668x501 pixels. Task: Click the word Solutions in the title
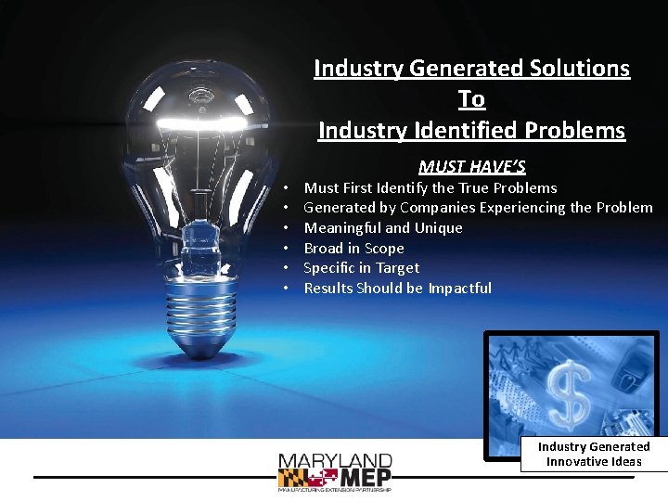[x=575, y=68]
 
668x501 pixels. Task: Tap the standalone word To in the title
[x=471, y=98]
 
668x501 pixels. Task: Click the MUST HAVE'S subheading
[x=471, y=167]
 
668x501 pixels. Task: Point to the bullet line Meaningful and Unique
[x=383, y=228]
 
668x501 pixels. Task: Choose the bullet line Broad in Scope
[x=353, y=249]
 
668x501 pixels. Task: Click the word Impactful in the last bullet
[x=459, y=289]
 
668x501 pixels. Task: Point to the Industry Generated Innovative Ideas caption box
[x=594, y=454]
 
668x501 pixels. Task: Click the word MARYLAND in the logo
[x=335, y=461]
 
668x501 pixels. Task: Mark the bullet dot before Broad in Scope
[x=288, y=249]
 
